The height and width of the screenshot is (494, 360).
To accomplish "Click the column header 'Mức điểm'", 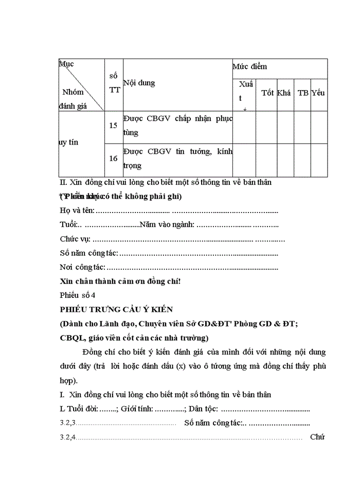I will coord(250,67).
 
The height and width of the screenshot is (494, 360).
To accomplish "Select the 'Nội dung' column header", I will coord(139,83).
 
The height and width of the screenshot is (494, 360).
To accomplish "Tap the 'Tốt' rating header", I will coord(267,93).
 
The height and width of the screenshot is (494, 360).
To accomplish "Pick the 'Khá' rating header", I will coord(284,93).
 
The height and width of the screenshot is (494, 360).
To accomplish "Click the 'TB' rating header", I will coord(303,93).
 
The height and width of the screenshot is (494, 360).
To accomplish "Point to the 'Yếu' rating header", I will coord(318,93).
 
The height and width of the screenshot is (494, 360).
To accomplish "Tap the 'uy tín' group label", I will coord(69,142).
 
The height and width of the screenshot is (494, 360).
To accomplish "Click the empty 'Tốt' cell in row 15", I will coord(266,127).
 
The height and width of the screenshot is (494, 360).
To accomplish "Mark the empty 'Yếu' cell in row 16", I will coord(319,160).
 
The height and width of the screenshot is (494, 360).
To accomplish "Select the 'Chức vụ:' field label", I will coord(75,239).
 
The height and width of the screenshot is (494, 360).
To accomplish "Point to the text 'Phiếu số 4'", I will coord(78,295).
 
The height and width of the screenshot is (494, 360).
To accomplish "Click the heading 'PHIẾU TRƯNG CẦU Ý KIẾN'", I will coord(116,309).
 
